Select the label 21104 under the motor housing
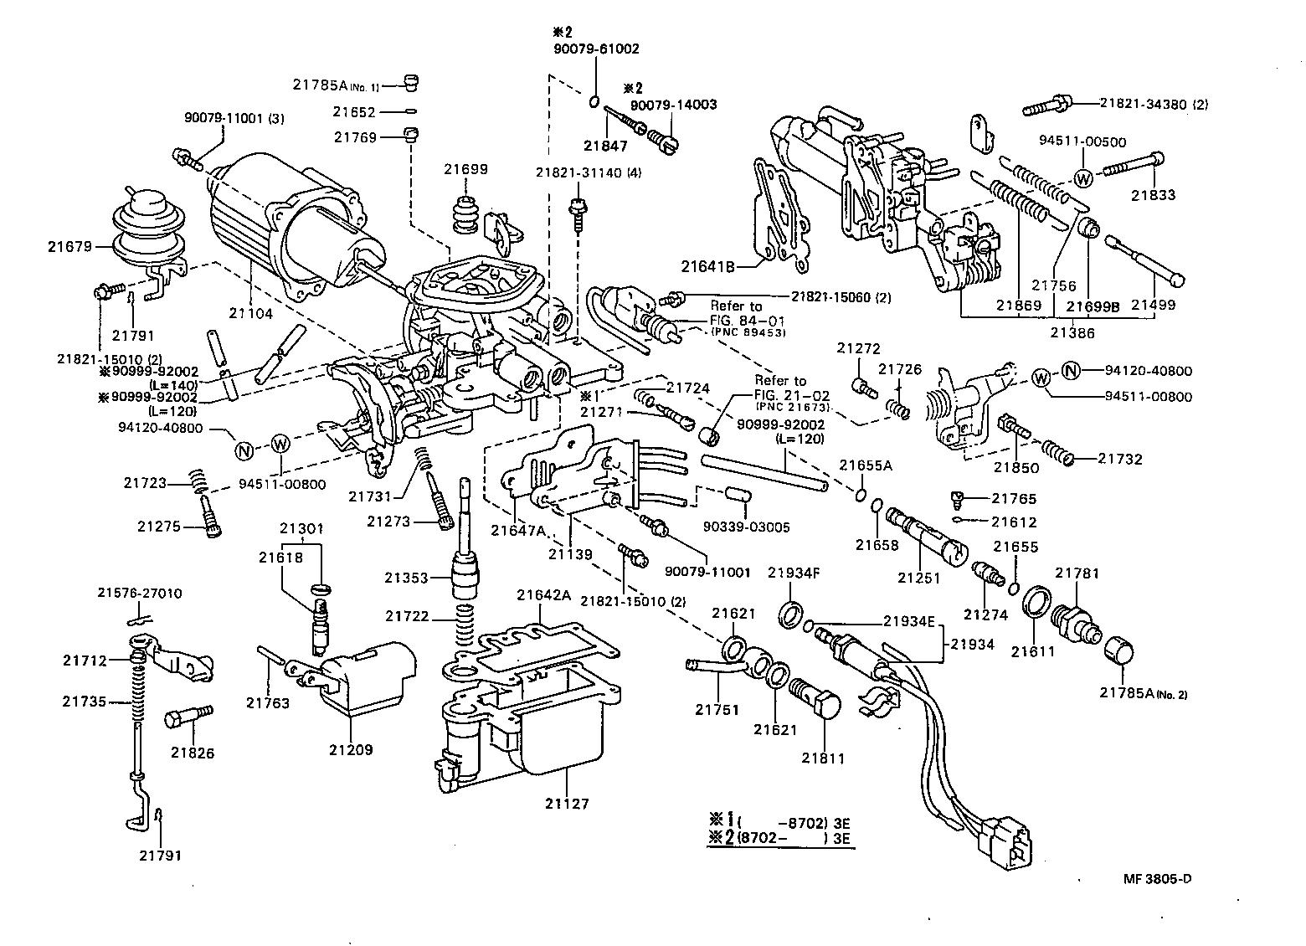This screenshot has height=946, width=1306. click(x=251, y=313)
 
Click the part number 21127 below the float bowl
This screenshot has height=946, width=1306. click(x=567, y=804)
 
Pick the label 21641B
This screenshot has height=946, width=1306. click(x=707, y=267)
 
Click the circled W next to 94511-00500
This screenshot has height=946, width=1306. click(x=1082, y=177)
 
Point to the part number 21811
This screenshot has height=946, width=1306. click(x=823, y=758)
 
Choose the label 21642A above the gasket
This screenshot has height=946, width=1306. click(x=543, y=595)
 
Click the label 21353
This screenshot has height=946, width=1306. click(x=406, y=578)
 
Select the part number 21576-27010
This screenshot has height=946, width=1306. click(x=136, y=593)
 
